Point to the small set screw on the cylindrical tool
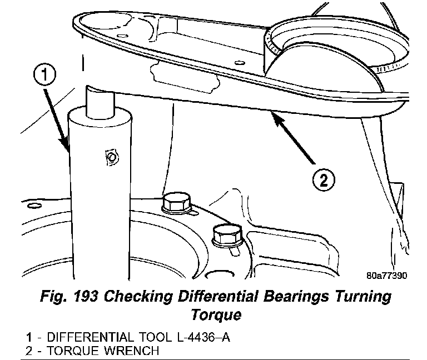click(110, 157)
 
